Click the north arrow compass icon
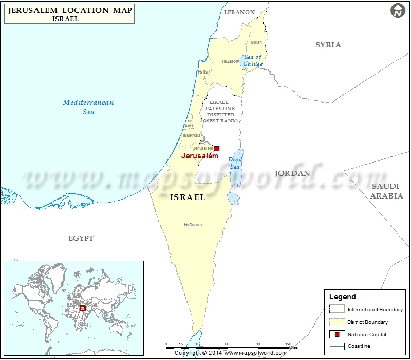(398, 11)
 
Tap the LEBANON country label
(239, 12)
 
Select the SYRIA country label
(328, 45)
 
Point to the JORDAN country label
(292, 173)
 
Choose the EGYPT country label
(81, 238)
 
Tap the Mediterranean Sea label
(88, 107)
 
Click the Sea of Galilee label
(253, 60)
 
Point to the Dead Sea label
(235, 163)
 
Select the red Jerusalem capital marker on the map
(217, 148)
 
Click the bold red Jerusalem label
(200, 156)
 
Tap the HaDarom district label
(193, 225)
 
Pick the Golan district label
(256, 42)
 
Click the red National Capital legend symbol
(337, 334)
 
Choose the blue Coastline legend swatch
(337, 347)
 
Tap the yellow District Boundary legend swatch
(337, 322)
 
